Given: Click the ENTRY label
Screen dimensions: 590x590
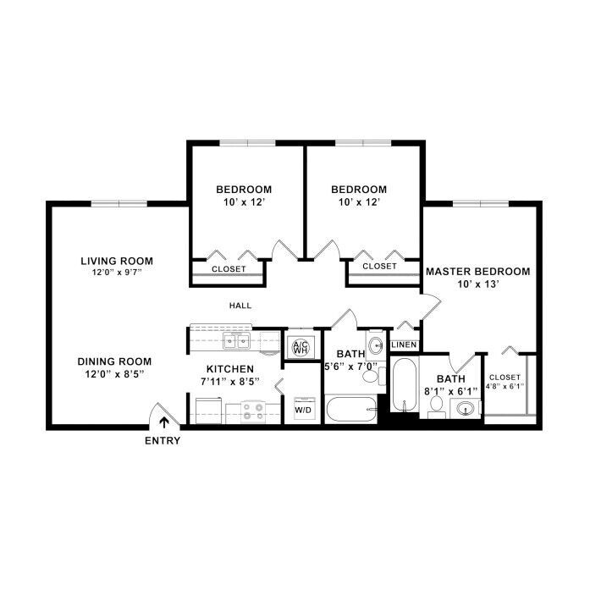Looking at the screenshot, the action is (x=163, y=441).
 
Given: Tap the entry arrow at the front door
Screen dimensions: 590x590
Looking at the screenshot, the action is (x=163, y=422).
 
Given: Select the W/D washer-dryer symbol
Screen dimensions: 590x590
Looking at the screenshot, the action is (x=303, y=408).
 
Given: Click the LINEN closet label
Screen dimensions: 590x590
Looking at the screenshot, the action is (x=404, y=345).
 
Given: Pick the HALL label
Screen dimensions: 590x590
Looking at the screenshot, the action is (x=240, y=306).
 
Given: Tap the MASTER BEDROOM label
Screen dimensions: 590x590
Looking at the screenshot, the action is (x=478, y=271).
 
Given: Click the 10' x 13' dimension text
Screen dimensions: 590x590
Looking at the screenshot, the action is (x=478, y=284).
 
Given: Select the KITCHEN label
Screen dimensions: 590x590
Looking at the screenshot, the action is (x=230, y=369).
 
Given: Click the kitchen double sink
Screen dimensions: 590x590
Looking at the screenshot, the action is (x=237, y=341).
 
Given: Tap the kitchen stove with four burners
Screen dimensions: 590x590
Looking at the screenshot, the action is (x=253, y=411).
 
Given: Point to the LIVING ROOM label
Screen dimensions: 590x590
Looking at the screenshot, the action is (x=117, y=261).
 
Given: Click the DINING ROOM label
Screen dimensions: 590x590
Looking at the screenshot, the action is (x=114, y=361).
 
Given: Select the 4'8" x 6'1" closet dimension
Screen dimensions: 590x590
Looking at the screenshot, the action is (x=505, y=386).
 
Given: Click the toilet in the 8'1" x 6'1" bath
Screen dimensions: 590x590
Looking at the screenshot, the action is (x=437, y=406).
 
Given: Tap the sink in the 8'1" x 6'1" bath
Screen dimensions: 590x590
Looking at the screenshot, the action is (x=466, y=408).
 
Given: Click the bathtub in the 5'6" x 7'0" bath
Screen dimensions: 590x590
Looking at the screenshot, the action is (x=351, y=410).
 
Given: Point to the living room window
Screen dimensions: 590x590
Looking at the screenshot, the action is (x=119, y=203).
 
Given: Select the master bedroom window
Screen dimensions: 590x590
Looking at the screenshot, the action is (x=481, y=203).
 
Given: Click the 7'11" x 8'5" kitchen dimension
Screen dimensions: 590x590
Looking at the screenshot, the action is (x=230, y=382).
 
